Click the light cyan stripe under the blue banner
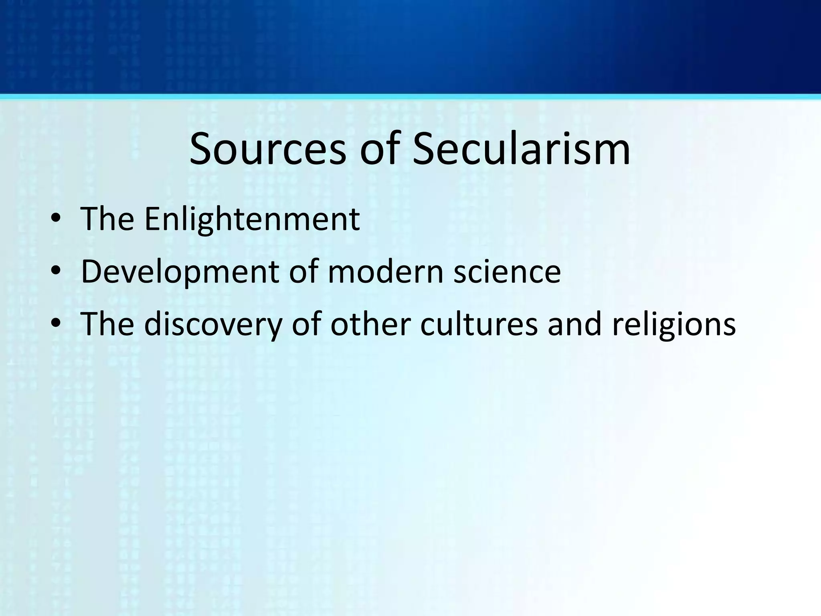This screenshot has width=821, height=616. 410,97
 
